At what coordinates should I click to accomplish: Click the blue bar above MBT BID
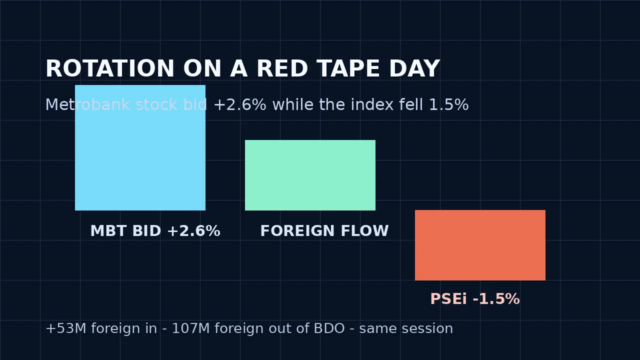tap(140, 147)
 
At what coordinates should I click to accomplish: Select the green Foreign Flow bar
tap(310, 175)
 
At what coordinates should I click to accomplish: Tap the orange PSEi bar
tap(480, 245)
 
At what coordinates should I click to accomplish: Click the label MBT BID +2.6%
tap(155, 231)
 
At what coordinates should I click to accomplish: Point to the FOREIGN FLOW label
tap(324, 231)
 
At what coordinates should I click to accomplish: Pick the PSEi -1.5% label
tap(475, 299)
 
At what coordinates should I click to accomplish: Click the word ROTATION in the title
tap(109, 68)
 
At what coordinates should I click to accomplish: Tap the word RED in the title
tap(282, 68)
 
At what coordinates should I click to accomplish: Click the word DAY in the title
tap(414, 68)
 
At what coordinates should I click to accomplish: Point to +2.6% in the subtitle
tap(240, 104)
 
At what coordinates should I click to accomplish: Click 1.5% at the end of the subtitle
tap(449, 104)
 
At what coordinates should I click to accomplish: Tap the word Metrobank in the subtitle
tap(87, 104)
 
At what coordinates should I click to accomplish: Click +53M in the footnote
tap(66, 328)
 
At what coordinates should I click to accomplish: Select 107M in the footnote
tap(191, 328)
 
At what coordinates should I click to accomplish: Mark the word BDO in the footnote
tap(329, 328)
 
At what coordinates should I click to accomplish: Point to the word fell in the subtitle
tap(411, 104)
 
